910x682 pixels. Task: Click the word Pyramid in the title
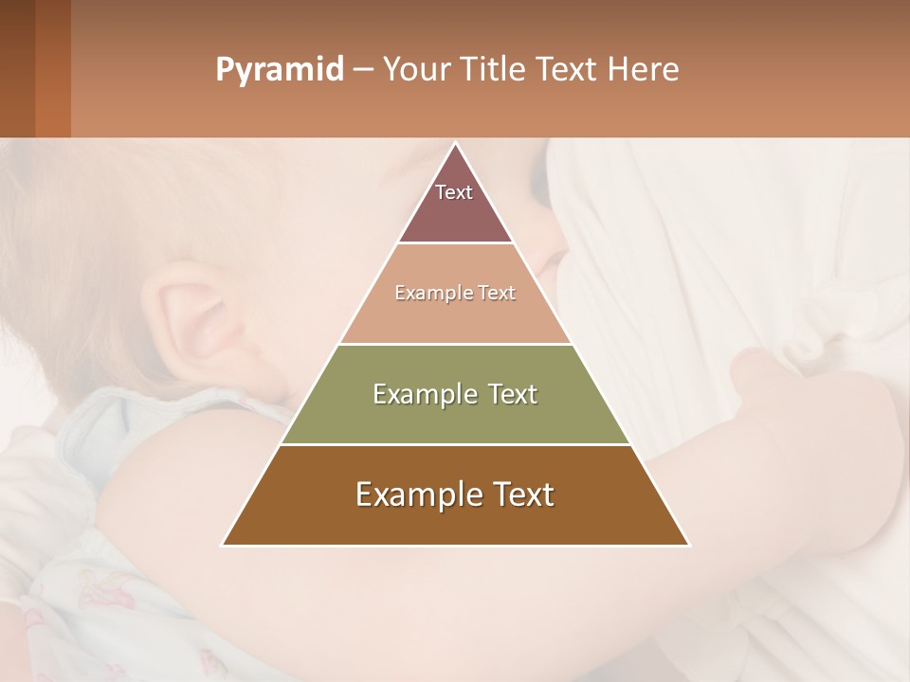pos(280,70)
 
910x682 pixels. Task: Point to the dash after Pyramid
pos(363,70)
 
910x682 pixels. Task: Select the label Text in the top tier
pos(454,192)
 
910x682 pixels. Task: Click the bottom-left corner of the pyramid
pos(224,545)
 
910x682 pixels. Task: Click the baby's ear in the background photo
pos(194,317)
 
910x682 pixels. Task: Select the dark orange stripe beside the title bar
pos(52,68)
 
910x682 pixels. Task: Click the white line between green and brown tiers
pos(455,444)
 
